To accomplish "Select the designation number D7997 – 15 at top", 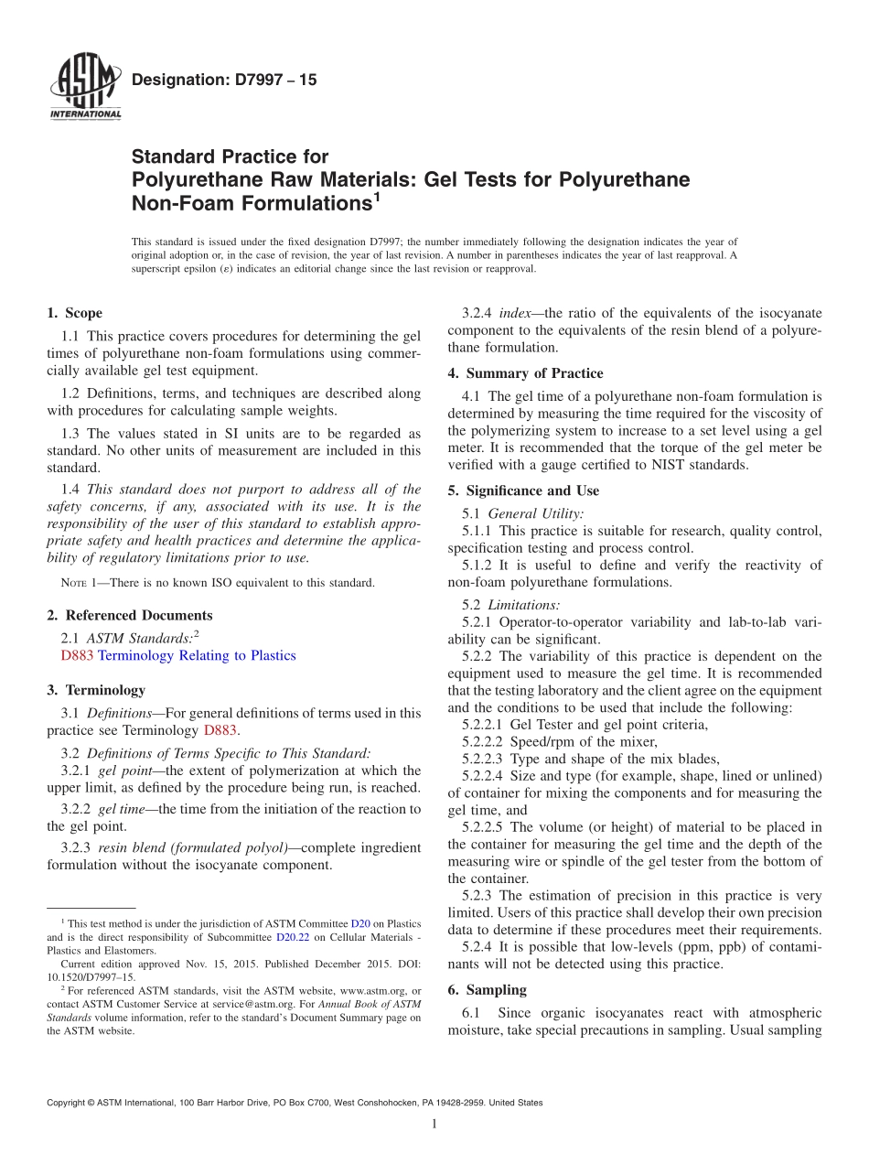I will point(224,80).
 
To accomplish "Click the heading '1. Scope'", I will point(74,313).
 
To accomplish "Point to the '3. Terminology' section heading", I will point(96,689).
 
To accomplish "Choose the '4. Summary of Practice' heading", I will point(525,372).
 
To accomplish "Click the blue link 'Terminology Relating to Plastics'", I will point(197,655).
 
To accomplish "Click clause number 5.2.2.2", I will point(488,741).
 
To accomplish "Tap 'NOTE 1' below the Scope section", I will point(66,583).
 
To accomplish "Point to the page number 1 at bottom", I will point(434,1124).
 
